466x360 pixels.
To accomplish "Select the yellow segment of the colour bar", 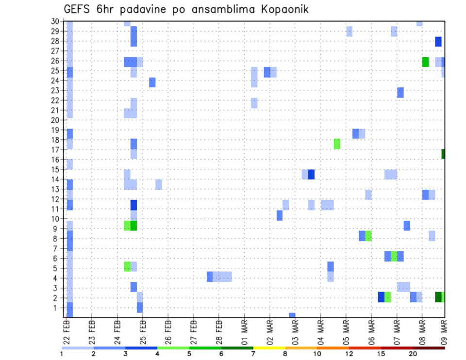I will (x=269, y=348).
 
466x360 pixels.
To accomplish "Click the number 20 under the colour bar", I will (x=413, y=354).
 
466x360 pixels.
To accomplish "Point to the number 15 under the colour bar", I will (x=381, y=354).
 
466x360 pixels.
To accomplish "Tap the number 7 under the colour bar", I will (x=253, y=354).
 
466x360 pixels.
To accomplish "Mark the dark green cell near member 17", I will (x=443, y=154).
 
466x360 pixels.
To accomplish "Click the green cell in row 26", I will (x=425, y=62).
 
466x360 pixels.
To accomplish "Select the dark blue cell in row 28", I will (x=438, y=42).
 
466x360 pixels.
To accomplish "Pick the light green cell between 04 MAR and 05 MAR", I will (x=337, y=144).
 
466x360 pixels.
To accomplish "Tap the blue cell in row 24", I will (x=152, y=82).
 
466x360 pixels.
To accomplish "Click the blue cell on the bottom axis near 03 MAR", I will (x=292, y=315).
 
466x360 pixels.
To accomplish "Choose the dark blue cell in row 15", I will (x=311, y=174).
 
